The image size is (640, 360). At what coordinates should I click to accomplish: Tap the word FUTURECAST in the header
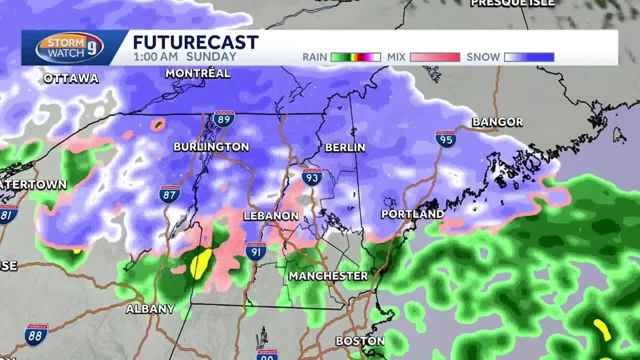(x=195, y=42)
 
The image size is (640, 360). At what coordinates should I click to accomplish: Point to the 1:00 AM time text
(x=155, y=56)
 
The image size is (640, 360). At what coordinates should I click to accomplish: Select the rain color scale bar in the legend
(x=355, y=57)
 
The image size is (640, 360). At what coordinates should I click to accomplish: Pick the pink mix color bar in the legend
(x=434, y=57)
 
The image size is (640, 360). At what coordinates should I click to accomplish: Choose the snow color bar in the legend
(x=529, y=57)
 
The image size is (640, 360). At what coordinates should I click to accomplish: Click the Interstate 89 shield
(x=224, y=118)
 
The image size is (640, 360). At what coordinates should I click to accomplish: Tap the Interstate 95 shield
(x=445, y=139)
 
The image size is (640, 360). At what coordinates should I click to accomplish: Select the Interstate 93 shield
(x=311, y=177)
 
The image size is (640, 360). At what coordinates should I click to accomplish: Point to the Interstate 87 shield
(x=169, y=194)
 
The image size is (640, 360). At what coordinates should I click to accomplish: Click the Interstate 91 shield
(x=255, y=251)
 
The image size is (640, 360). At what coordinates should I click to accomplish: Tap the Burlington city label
(x=211, y=147)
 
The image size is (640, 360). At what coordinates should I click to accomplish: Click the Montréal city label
(x=197, y=73)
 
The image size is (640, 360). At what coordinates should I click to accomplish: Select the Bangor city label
(x=497, y=122)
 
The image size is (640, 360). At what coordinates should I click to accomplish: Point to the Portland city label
(x=412, y=214)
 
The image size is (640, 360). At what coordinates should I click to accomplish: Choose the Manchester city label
(x=328, y=276)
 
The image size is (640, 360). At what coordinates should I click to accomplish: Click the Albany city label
(x=150, y=309)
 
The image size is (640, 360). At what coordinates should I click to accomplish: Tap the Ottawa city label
(x=71, y=78)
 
